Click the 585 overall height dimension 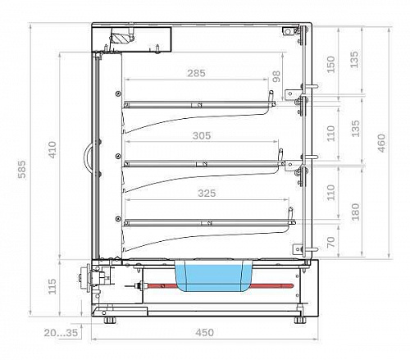(22, 170)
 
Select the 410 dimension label (52, 149)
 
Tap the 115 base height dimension (52, 286)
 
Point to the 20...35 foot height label (61, 333)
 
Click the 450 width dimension (204, 332)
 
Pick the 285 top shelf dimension (196, 73)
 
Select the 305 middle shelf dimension (202, 135)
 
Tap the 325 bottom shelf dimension (207, 194)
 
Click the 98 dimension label (276, 76)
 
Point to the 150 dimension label (330, 65)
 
